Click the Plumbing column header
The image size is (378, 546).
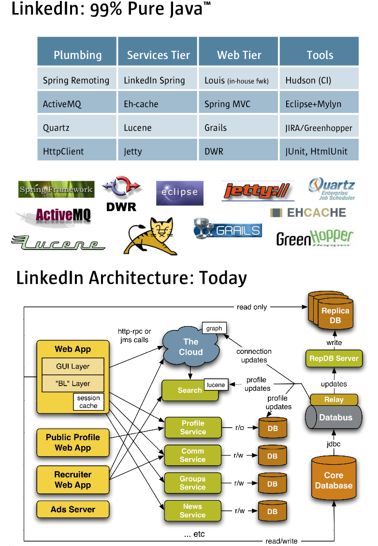click(77, 55)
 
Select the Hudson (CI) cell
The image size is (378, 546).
click(308, 80)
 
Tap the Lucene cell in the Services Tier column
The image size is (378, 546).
click(138, 128)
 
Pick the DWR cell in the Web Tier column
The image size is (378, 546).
click(214, 151)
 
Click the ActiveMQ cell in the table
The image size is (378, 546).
click(60, 104)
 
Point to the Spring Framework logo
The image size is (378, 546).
click(56, 189)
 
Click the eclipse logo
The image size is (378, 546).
click(179, 193)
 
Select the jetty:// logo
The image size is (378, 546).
click(258, 191)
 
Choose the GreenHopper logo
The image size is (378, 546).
click(315, 238)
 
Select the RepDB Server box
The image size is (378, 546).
click(334, 359)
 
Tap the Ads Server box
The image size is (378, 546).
click(73, 509)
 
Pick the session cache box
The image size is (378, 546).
click(88, 402)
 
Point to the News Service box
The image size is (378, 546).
click(192, 511)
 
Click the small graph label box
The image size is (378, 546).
click(214, 329)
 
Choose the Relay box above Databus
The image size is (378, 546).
click(334, 400)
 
